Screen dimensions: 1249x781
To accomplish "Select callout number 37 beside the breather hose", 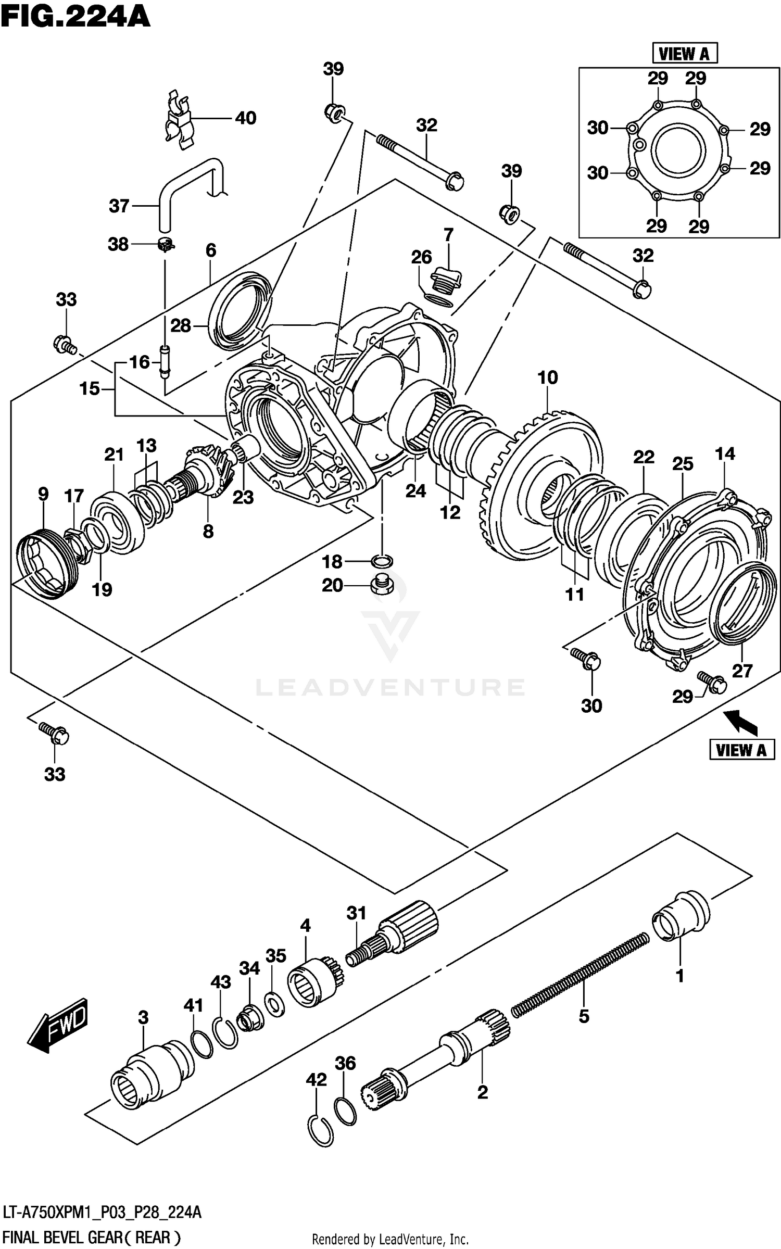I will (x=119, y=206).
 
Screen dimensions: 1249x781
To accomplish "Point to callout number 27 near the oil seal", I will (x=742, y=671).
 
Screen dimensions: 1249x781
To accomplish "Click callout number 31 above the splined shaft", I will (x=357, y=913).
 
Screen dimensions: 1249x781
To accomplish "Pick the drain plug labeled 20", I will (x=381, y=585).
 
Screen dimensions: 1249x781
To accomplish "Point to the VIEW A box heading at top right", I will (x=684, y=53).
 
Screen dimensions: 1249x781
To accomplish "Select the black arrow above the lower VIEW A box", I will (x=741, y=723).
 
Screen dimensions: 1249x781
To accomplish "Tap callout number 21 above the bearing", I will (x=114, y=455).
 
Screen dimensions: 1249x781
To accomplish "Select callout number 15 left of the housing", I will (x=89, y=388).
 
